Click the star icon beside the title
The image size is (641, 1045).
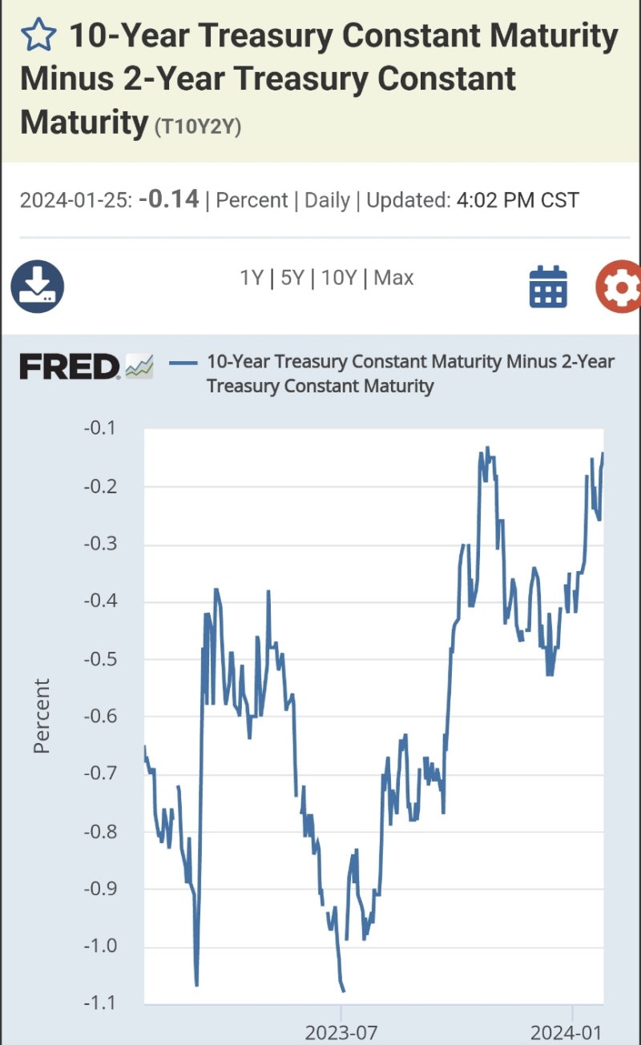38,35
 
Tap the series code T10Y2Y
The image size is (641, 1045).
196,127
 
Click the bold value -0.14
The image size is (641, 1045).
168,199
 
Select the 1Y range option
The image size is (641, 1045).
252,279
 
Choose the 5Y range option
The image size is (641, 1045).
292,279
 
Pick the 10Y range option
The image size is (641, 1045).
338,279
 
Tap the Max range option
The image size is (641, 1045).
393,279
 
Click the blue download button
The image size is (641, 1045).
37,286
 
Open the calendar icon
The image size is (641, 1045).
548,286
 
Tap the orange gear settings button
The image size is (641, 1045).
619,286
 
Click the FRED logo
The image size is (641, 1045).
70,367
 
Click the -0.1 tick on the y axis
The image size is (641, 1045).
99,428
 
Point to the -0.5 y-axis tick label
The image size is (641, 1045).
99,659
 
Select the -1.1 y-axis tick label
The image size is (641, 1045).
99,1003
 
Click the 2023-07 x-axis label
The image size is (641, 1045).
341,1032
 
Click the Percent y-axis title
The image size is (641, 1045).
42,716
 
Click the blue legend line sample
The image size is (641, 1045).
183,363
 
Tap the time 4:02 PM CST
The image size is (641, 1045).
518,200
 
